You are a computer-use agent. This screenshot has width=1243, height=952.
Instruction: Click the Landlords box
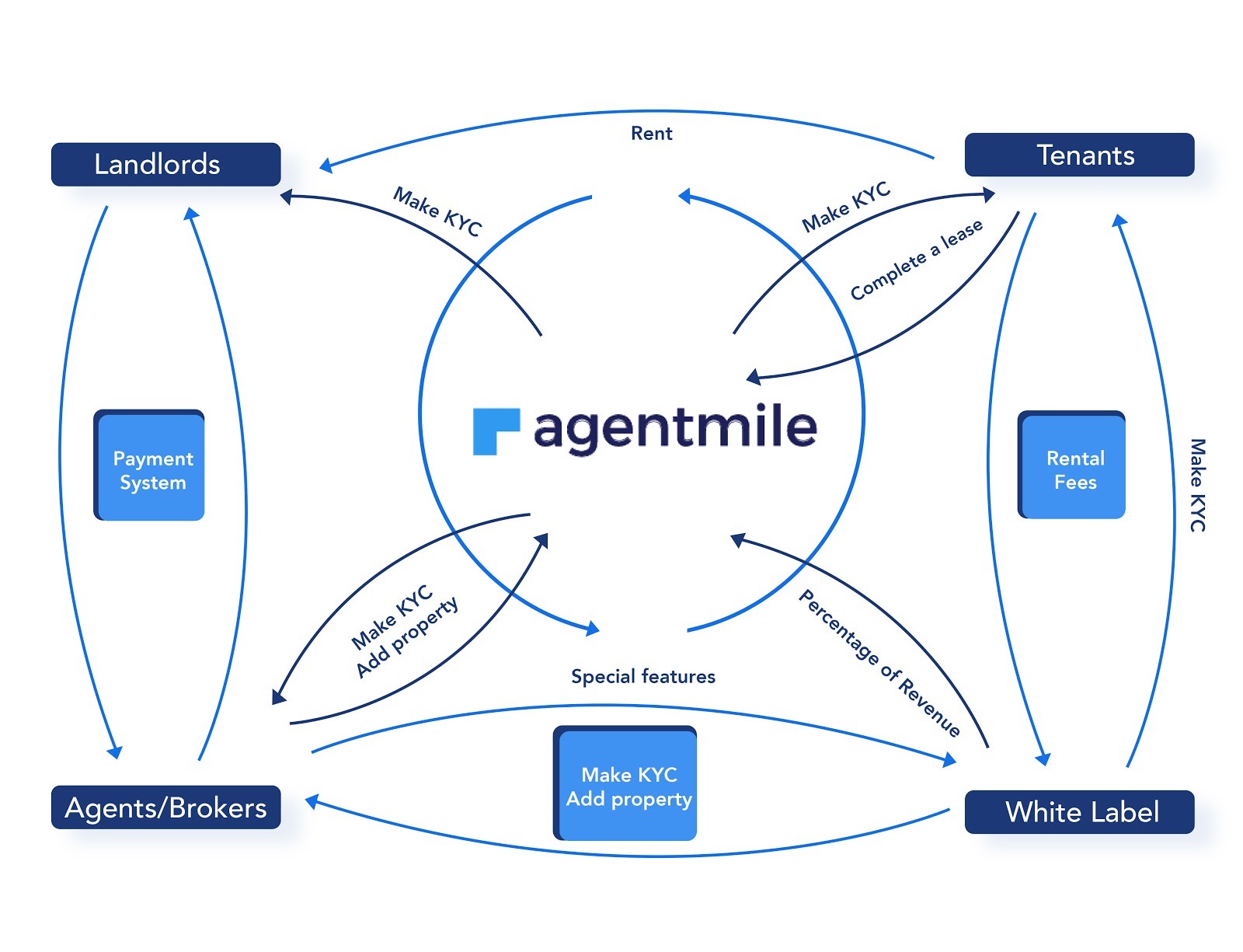pos(165,164)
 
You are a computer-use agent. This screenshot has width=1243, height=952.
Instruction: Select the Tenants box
pos(1078,155)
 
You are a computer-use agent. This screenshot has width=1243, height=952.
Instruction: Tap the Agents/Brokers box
pos(165,807)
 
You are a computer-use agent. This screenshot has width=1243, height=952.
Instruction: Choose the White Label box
pos(1078,812)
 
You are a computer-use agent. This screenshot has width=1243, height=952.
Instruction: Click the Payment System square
pos(150,466)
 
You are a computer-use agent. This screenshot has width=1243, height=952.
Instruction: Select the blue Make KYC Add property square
pos(626,784)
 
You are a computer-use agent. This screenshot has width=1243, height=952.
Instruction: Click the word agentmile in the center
pos(674,427)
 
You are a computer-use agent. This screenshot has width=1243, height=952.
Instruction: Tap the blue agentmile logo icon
pos(495,431)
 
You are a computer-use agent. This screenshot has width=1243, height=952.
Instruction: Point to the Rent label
pos(651,134)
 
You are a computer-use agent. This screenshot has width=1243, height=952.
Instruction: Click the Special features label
pos(642,676)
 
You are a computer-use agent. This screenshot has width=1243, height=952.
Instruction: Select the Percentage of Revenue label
pos(879,663)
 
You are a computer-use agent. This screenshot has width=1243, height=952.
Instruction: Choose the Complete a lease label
pos(916,260)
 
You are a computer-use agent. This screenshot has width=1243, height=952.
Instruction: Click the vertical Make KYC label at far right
pos(1197,485)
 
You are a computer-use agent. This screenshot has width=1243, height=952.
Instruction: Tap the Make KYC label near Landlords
pos(437,211)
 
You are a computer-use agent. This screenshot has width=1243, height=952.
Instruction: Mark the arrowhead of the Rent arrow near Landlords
pos(326,166)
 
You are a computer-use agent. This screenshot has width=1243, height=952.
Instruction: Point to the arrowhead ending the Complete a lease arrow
pos(752,378)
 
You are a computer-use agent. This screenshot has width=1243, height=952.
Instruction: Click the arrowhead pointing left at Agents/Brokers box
pos(312,801)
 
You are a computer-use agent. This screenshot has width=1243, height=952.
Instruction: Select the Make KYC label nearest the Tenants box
pos(846,207)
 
